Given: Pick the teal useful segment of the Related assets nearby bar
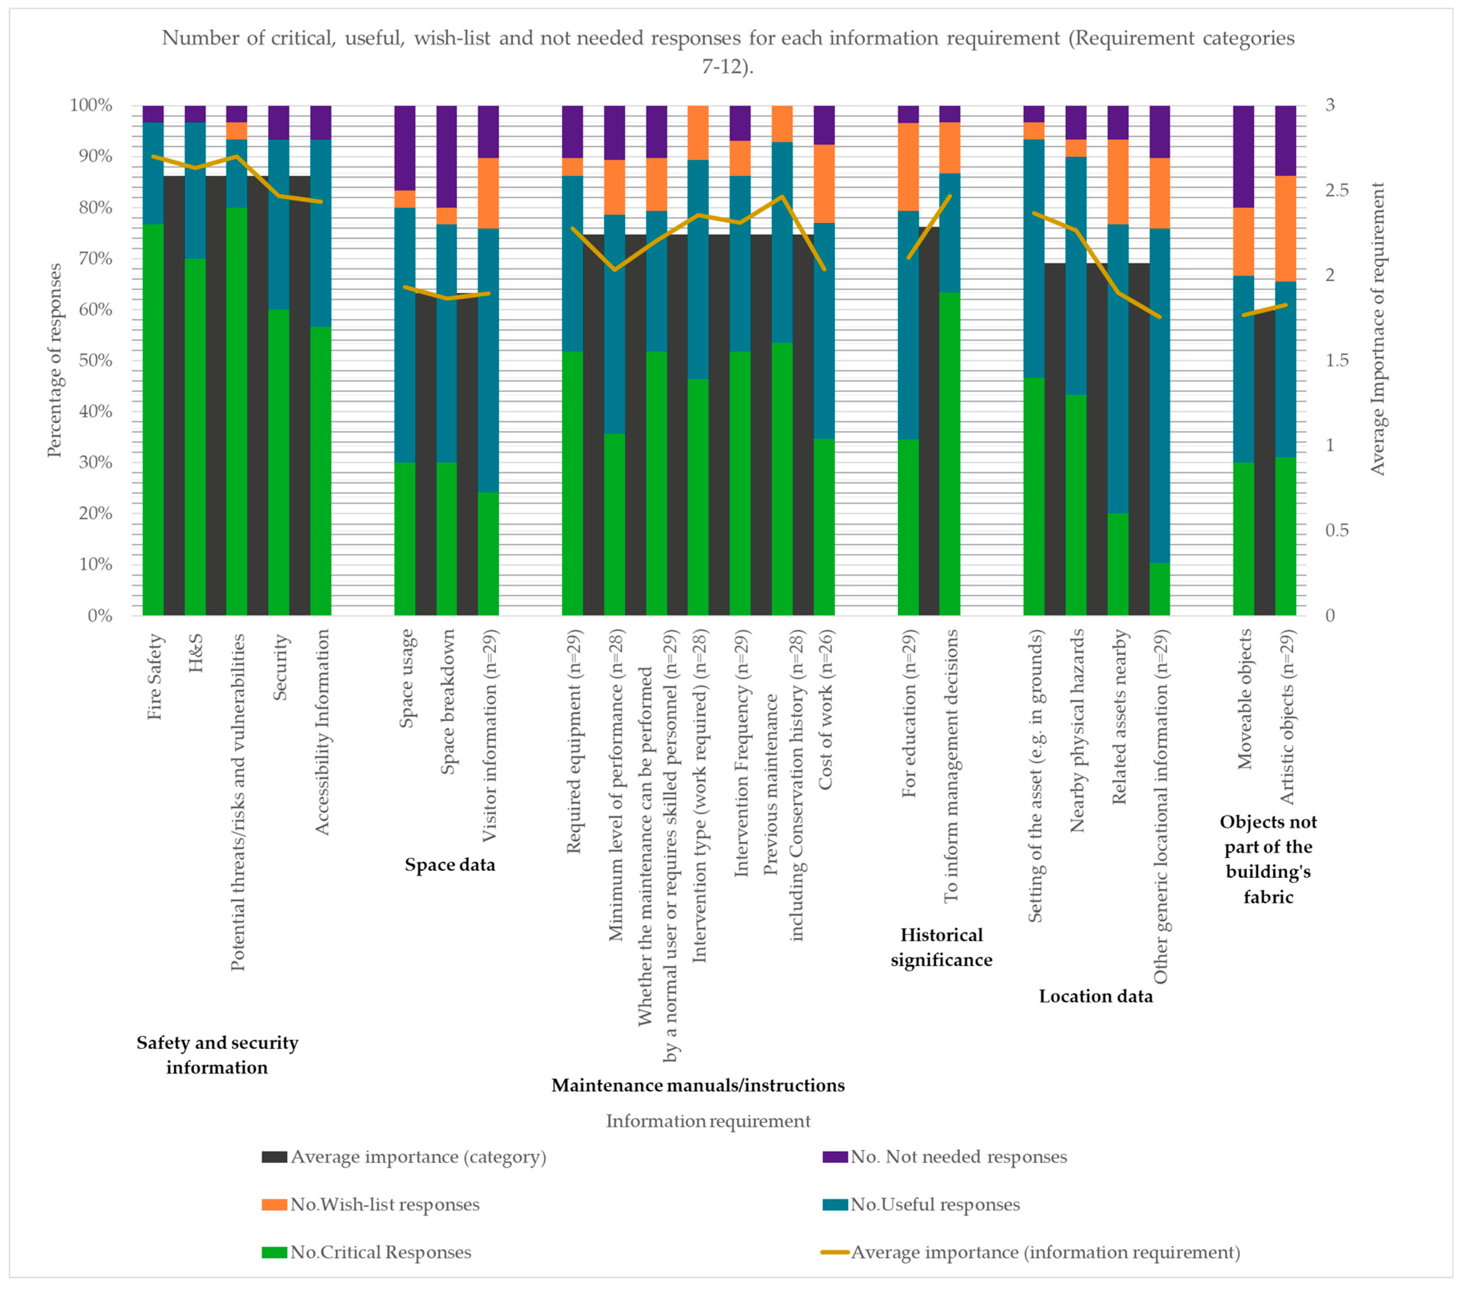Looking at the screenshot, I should click(x=1118, y=369).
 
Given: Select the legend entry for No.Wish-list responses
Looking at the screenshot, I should click(x=384, y=1205).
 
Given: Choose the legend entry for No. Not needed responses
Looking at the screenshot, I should click(x=958, y=1157).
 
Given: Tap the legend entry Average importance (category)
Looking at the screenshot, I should click(x=417, y=1157).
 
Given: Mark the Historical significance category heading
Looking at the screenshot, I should click(x=941, y=948).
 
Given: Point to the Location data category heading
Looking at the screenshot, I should click(x=1096, y=997).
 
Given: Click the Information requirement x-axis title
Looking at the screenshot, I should click(x=708, y=1121).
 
